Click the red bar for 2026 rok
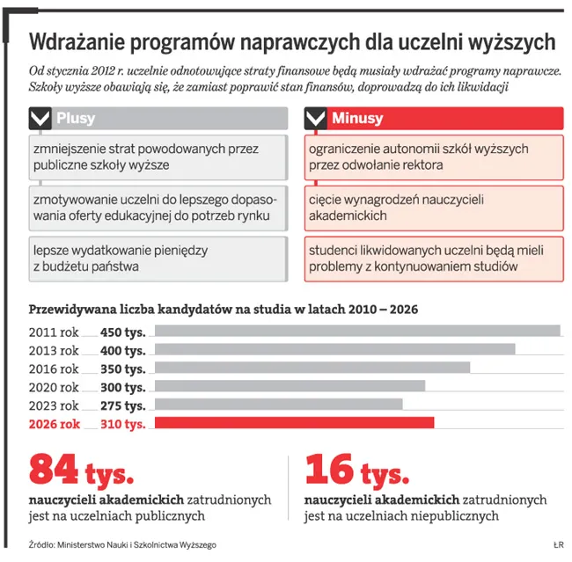(x=294, y=423)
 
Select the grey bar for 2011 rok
(x=356, y=331)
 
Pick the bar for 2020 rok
(x=290, y=386)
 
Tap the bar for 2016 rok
(x=312, y=368)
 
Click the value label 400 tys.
(x=122, y=350)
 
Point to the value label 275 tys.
(x=122, y=405)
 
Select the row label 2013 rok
(x=54, y=350)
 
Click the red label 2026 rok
(x=54, y=424)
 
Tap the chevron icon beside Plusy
(x=40, y=119)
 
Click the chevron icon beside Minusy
(x=316, y=119)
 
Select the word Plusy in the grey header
(x=76, y=119)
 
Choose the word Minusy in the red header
(x=357, y=119)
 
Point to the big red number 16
(x=329, y=471)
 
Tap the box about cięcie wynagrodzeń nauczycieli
(x=434, y=208)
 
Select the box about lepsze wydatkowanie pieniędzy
(x=157, y=258)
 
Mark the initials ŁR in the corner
(x=558, y=544)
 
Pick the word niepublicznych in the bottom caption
(x=458, y=516)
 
